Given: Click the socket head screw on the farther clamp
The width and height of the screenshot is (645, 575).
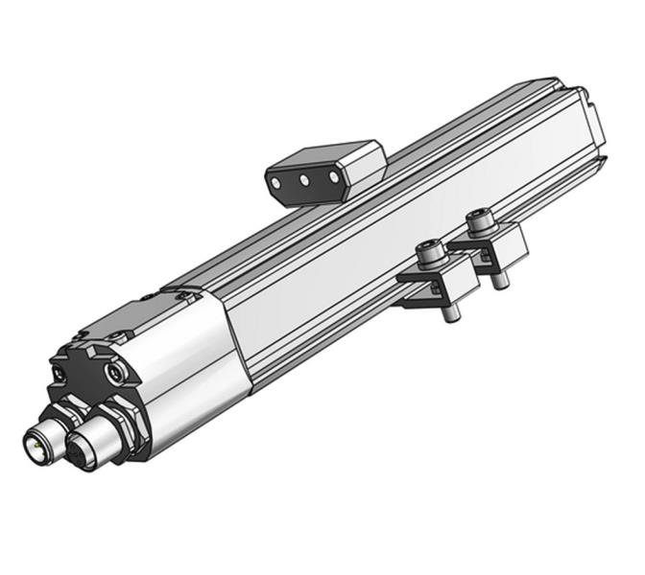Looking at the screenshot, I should pos(477,224).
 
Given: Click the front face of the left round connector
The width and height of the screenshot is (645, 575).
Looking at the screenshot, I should pos(36,444).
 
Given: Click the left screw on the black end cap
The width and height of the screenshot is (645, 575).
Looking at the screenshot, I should pos(61,372).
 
